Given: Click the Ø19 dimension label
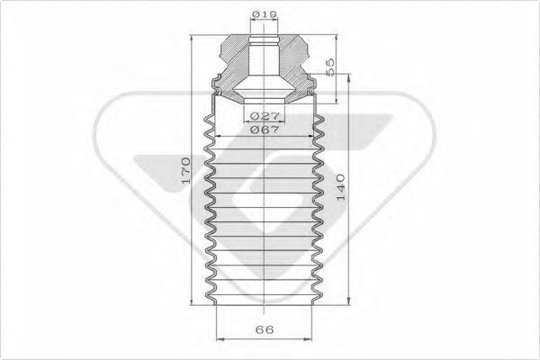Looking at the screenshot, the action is coord(264,13).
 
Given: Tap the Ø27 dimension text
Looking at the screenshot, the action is coord(264,116).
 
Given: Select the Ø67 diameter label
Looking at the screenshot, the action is coord(264,130).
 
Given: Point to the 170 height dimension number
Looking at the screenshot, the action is coord(185,170).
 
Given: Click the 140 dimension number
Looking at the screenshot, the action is coord(340,188).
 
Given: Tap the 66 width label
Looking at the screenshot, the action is coord(265,329).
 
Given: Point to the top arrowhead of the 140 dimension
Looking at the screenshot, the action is coord(349,78).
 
